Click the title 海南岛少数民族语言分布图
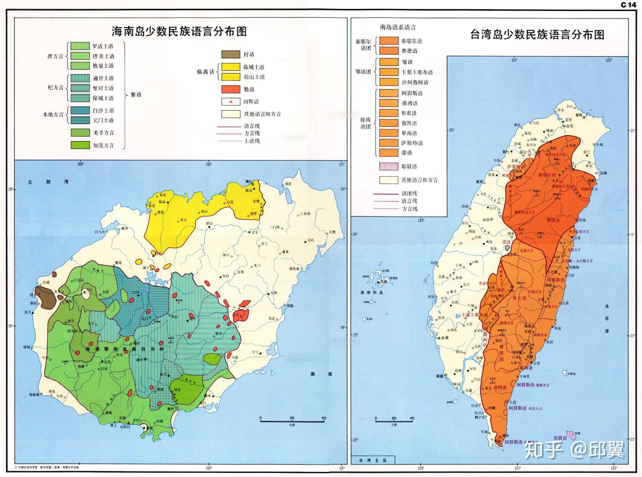point(179,31)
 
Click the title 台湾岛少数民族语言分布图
point(537,35)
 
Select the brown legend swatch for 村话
point(231,54)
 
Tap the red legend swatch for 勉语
point(231,89)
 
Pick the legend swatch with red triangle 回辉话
point(231,102)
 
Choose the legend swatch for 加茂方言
point(80,145)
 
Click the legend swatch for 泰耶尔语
point(389,41)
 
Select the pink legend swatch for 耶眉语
point(389,167)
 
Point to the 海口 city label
point(249,182)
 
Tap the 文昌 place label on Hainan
point(310,240)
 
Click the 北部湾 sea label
point(48,182)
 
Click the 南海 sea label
point(321,374)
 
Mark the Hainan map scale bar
point(292,421)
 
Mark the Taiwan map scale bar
point(394,421)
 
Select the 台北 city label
point(569,126)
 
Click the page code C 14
point(628,5)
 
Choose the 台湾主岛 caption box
point(373,460)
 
